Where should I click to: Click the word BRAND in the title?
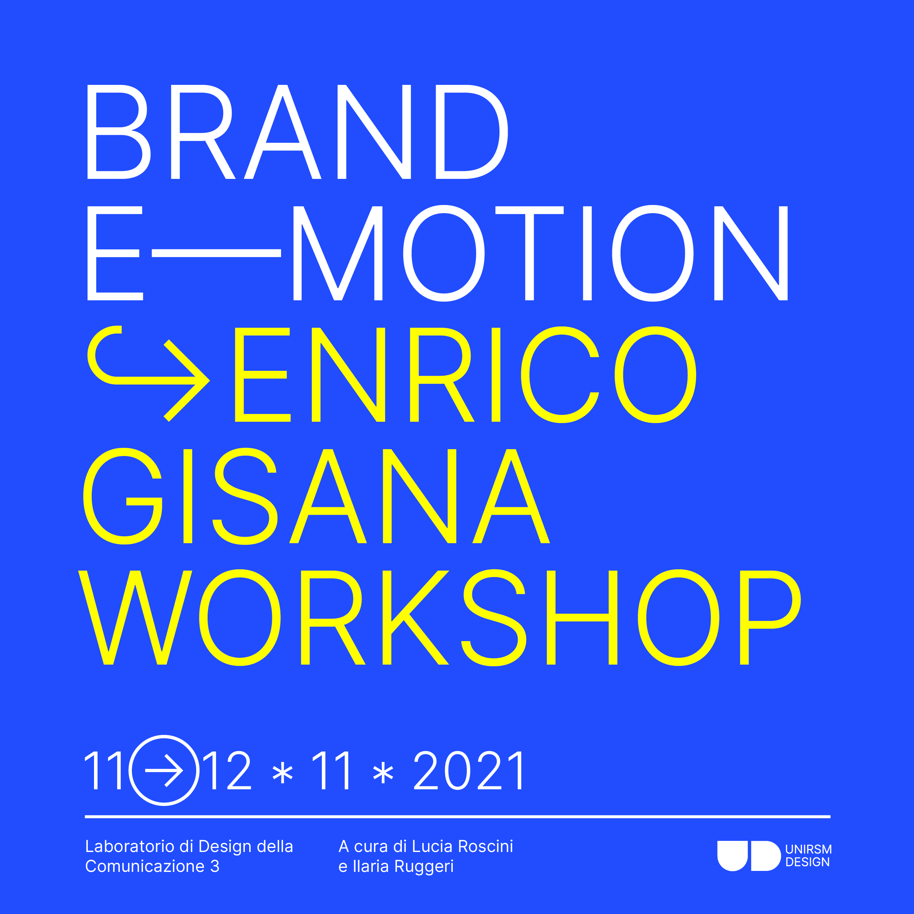tap(298, 132)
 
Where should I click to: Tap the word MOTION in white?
tap(540, 253)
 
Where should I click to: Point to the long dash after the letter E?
tap(216, 254)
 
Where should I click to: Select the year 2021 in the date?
tap(468, 771)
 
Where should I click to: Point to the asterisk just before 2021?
tap(383, 774)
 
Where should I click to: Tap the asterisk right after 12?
tap(283, 774)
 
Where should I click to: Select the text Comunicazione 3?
tap(152, 866)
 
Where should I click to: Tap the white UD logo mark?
tap(749, 856)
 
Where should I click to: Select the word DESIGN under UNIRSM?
tap(808, 862)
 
